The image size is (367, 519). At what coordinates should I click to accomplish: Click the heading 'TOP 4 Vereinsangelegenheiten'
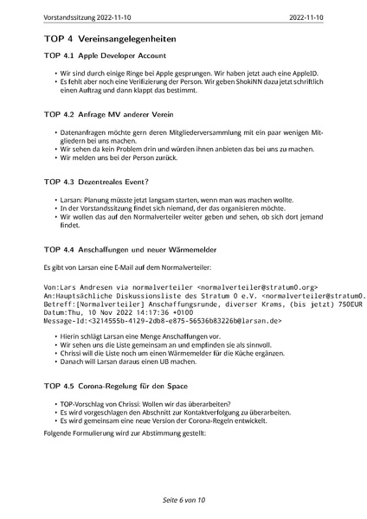coord(110,39)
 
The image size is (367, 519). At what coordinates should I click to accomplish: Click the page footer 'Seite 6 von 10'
coord(183,500)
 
